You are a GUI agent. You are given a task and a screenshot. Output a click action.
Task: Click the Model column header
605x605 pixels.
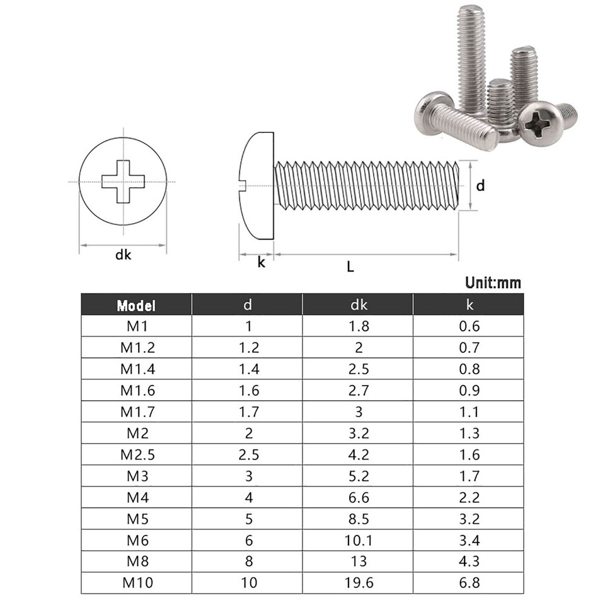point(136,306)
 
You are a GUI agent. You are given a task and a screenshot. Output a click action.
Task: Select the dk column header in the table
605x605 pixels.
point(358,305)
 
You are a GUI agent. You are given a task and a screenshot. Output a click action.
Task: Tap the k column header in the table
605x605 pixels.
point(469,305)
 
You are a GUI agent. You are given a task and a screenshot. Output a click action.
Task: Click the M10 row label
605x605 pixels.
point(136,582)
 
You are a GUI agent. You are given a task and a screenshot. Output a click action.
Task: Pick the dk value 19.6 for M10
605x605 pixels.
point(358,582)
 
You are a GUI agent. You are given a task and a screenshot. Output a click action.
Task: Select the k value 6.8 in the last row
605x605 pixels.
point(469,582)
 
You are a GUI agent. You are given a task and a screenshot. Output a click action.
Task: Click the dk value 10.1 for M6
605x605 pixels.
point(358,539)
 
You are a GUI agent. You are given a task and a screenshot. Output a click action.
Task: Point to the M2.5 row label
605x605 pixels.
point(136,454)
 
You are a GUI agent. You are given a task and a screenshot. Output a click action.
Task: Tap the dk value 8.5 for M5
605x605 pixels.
point(358,518)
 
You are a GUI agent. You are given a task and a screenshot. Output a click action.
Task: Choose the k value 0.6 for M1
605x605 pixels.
point(469,326)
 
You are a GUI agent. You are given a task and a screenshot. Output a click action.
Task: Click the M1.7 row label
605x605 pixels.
point(136,412)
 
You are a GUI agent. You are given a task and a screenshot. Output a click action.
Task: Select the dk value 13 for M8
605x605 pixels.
point(358,561)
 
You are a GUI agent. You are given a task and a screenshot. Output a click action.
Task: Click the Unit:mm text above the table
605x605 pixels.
point(493,282)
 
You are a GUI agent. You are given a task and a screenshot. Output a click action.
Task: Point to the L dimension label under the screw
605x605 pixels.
point(351,267)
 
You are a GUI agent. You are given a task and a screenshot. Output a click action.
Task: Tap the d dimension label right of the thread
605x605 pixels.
point(480,186)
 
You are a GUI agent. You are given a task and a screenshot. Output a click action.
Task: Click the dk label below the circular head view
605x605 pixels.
point(123,255)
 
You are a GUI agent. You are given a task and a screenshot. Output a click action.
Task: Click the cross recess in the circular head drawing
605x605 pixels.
point(124,182)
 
